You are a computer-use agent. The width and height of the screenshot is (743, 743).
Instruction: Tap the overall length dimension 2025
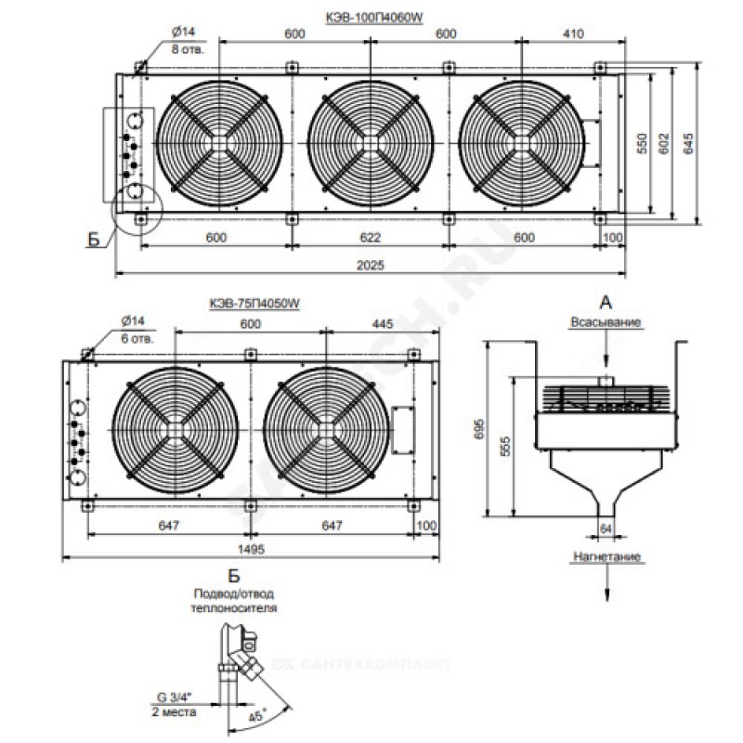coord(371,265)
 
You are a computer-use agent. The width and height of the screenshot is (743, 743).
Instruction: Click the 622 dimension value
coord(370,237)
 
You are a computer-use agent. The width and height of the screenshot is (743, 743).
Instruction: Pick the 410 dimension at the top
coord(571,33)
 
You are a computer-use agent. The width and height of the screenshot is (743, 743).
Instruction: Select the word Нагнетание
coord(606,557)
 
